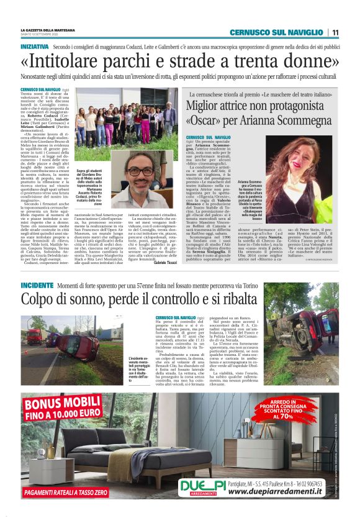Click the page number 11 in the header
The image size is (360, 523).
click(335, 32)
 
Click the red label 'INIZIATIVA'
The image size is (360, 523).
click(35, 47)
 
